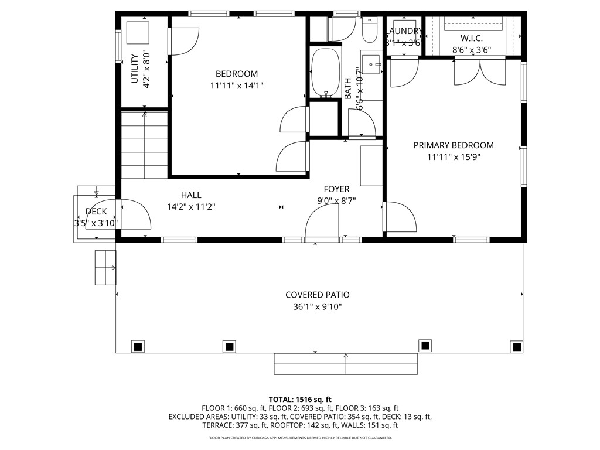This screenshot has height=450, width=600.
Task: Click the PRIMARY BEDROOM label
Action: point(454,145)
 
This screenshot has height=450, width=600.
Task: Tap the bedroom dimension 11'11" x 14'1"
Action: point(237,86)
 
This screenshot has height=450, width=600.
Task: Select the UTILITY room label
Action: point(134,69)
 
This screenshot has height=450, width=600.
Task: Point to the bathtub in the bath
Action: point(325,73)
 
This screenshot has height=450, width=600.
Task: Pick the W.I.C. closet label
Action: point(471,38)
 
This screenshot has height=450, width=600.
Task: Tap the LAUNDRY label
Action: point(404,31)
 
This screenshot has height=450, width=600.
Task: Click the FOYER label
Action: point(336,189)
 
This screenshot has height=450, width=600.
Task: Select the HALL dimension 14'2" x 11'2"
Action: point(191,206)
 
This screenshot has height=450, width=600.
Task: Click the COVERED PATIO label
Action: point(318,295)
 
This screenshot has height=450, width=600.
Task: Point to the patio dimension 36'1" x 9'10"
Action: point(318,307)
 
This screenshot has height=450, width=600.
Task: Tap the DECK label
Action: point(96,212)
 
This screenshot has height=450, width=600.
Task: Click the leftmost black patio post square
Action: point(138,346)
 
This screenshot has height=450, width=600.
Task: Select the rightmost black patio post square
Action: point(516,346)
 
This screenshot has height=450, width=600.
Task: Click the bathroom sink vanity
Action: point(370,63)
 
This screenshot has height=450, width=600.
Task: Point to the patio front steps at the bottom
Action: point(346,364)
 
